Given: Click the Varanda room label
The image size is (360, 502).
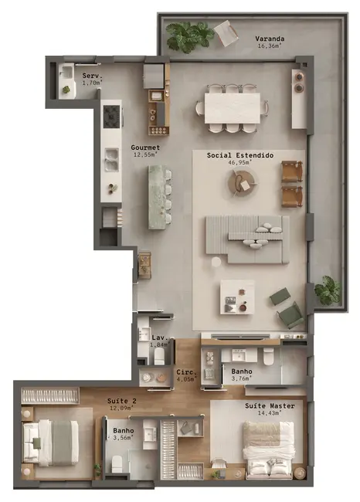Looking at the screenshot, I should coord(270,38).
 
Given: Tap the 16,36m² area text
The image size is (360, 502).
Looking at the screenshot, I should coord(270,46).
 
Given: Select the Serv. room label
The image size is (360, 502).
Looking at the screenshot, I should coord(91,75).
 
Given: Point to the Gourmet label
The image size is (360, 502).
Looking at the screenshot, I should coord(144,147).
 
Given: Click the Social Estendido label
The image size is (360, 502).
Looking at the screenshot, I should coord(240,155).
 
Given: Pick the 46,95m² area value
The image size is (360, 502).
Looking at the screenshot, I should coord(240,163).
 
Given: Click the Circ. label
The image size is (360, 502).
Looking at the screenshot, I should coord(185,371).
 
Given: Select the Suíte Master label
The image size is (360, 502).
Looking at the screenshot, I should coord(270,405).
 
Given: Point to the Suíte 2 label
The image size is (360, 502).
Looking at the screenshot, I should coord(122,401).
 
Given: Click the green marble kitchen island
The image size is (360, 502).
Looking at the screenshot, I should coord(160,198).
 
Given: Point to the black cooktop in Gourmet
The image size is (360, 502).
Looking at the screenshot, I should coord(113,117).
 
